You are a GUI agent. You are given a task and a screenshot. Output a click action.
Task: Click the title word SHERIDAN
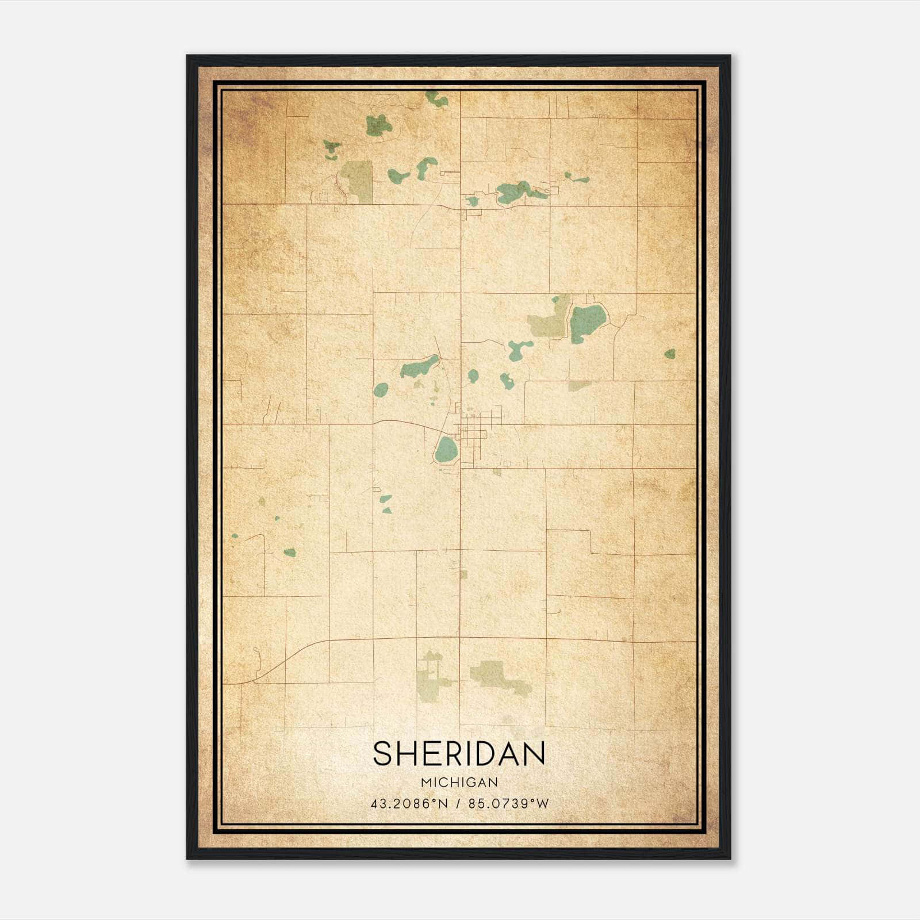[459, 754]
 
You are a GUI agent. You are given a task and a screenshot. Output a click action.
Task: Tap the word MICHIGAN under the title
[459, 782]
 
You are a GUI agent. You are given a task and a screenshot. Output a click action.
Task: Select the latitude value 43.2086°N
[409, 803]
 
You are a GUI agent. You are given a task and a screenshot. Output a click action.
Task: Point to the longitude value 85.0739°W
[509, 803]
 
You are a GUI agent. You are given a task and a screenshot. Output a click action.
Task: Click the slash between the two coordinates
[458, 803]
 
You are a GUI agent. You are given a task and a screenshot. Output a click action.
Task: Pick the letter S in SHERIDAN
[383, 754]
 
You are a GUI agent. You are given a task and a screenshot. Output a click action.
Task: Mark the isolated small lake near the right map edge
[670, 354]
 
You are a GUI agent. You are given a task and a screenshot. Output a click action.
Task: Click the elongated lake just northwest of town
[420, 367]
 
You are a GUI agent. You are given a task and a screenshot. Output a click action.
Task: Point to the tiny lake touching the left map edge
[235, 536]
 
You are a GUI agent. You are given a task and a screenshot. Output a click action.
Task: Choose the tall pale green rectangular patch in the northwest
[358, 181]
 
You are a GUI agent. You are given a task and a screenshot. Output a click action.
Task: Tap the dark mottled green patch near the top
[379, 125]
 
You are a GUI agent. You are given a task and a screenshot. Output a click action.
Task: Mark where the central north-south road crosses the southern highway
[460, 638]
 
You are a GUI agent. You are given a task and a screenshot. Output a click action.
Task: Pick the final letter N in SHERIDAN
[534, 754]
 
